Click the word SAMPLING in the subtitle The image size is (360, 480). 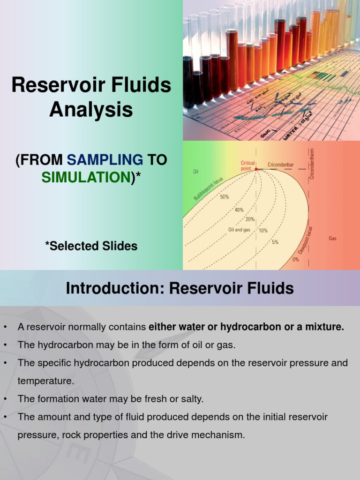pos(105,160)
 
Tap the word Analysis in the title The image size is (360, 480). pos(91,110)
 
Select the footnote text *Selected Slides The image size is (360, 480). pos(91,246)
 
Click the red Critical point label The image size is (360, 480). pos(248,165)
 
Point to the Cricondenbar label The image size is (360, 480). pos(281,165)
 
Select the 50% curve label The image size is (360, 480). pos(225,197)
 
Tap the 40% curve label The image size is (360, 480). pos(239,210)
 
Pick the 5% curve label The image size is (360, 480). pos(275,242)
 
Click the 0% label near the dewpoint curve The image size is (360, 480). pos(296,259)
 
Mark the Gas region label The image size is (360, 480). pos(332,238)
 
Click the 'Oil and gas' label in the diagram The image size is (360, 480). pos(239,230)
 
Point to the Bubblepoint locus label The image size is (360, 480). pos(209,189)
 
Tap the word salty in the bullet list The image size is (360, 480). pos(191,399)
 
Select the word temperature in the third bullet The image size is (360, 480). pos(45,381)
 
